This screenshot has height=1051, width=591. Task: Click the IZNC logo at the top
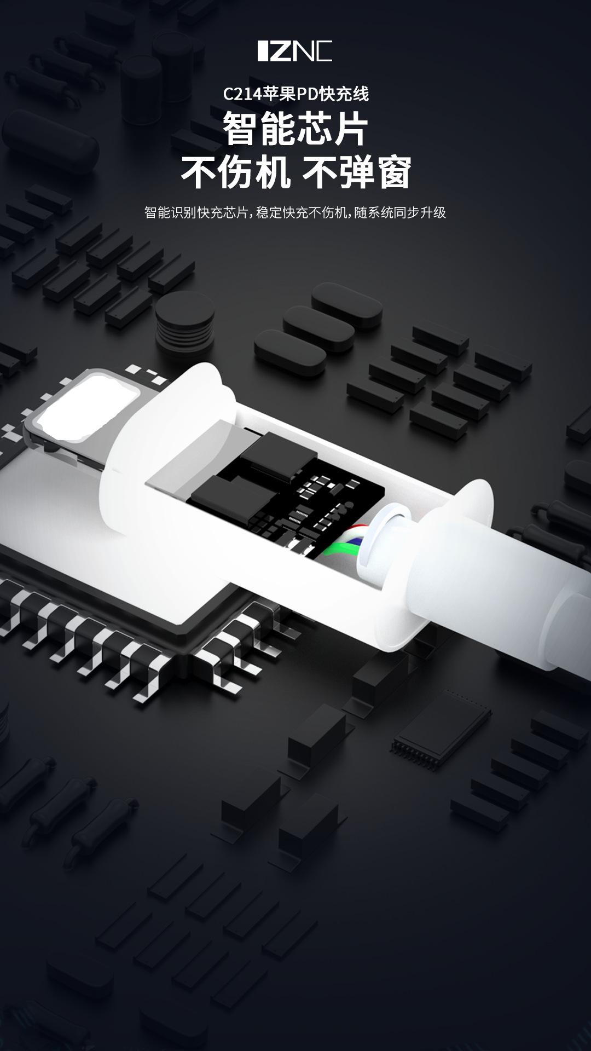tap(295, 51)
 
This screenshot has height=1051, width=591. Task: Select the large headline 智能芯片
tap(296, 129)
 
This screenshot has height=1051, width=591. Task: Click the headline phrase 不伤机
tap(236, 172)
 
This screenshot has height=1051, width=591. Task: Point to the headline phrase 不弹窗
tap(356, 172)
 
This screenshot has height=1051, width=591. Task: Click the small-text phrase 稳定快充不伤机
tap(302, 212)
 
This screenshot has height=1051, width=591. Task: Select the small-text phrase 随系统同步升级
tap(400, 212)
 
